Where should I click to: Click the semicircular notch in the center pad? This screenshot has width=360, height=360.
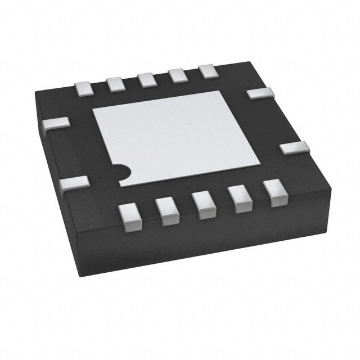(120, 171)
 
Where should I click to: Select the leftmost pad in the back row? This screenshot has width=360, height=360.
(83, 87)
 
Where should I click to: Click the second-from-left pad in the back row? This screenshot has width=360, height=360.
(115, 84)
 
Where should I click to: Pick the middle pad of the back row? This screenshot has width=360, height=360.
(147, 79)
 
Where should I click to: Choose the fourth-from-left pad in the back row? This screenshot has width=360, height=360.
(178, 75)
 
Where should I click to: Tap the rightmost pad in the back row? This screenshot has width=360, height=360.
(208, 71)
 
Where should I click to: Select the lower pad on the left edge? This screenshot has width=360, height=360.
(74, 183)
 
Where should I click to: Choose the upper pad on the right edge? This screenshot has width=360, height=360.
(260, 93)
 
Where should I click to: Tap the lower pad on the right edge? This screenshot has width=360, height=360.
(294, 148)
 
